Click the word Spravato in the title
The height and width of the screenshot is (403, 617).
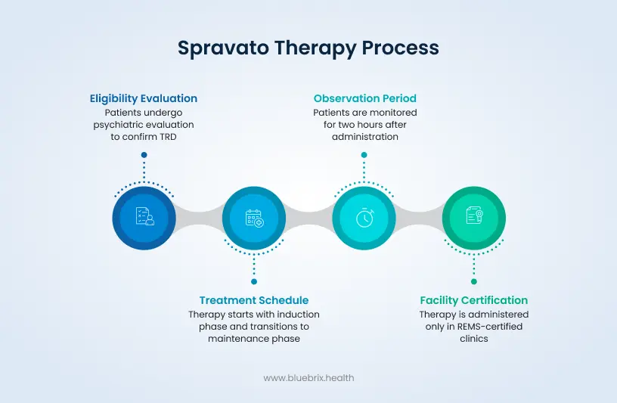click(x=223, y=48)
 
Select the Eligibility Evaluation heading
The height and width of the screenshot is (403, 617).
click(x=144, y=98)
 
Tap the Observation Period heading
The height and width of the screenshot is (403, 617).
click(x=364, y=98)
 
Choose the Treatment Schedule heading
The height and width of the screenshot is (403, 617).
click(x=254, y=300)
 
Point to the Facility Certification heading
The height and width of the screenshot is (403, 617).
click(x=474, y=300)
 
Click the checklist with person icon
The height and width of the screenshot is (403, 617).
click(x=145, y=216)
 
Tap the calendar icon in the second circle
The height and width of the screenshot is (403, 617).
click(x=255, y=218)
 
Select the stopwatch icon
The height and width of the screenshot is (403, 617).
click(x=364, y=217)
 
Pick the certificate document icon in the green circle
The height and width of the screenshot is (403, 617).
click(x=474, y=215)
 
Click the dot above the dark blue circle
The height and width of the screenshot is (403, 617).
click(x=144, y=155)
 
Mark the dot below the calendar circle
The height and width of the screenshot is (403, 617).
click(x=254, y=281)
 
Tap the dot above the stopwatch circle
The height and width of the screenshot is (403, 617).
click(x=364, y=155)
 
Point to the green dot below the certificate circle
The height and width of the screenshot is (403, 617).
click(x=474, y=281)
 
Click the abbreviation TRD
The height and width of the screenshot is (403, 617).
click(x=168, y=137)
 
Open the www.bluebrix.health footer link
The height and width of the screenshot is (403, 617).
click(x=308, y=378)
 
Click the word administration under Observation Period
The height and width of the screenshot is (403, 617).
click(x=364, y=137)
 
